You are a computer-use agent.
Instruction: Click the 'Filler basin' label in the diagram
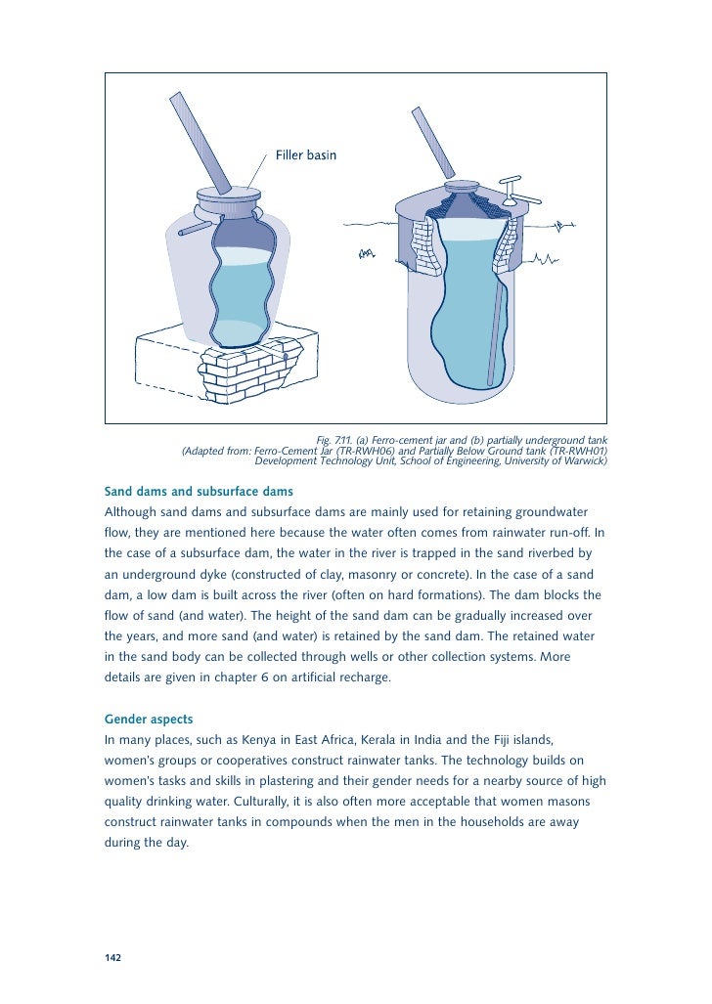[x=306, y=155]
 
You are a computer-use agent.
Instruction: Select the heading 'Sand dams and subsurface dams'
[x=199, y=491]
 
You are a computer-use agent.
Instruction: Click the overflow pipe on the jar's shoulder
[x=196, y=228]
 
